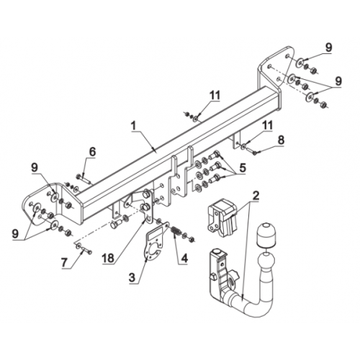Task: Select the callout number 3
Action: [132, 278]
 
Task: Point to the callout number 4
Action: [184, 258]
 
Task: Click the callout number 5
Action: [242, 168]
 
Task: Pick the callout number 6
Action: [92, 152]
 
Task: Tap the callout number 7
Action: [64, 263]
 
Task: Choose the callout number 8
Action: [281, 140]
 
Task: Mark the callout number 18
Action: [108, 258]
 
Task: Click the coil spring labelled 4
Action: [176, 233]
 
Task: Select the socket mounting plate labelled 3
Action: [153, 243]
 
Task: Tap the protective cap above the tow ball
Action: [266, 236]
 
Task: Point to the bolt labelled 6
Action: [84, 179]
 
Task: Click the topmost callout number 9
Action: [328, 48]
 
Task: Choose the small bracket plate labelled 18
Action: [147, 207]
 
